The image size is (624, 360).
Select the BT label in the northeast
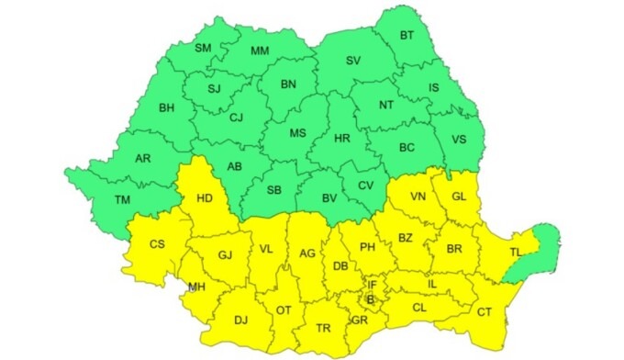407,36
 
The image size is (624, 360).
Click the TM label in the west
121,200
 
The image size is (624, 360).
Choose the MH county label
195,287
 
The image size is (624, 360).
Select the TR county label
323,328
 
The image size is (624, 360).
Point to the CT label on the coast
485,312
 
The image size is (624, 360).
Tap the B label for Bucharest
371,299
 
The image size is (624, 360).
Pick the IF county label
373,286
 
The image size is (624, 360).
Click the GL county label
460,197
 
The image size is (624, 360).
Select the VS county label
461,141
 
